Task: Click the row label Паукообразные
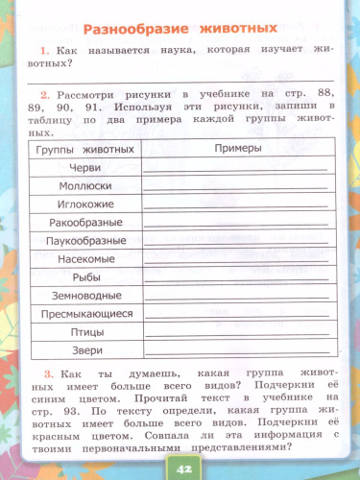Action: [85, 241]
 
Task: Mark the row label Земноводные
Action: [85, 296]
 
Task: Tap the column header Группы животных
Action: [84, 151]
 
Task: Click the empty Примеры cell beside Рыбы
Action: [235, 277]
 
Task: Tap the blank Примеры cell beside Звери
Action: [235, 350]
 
